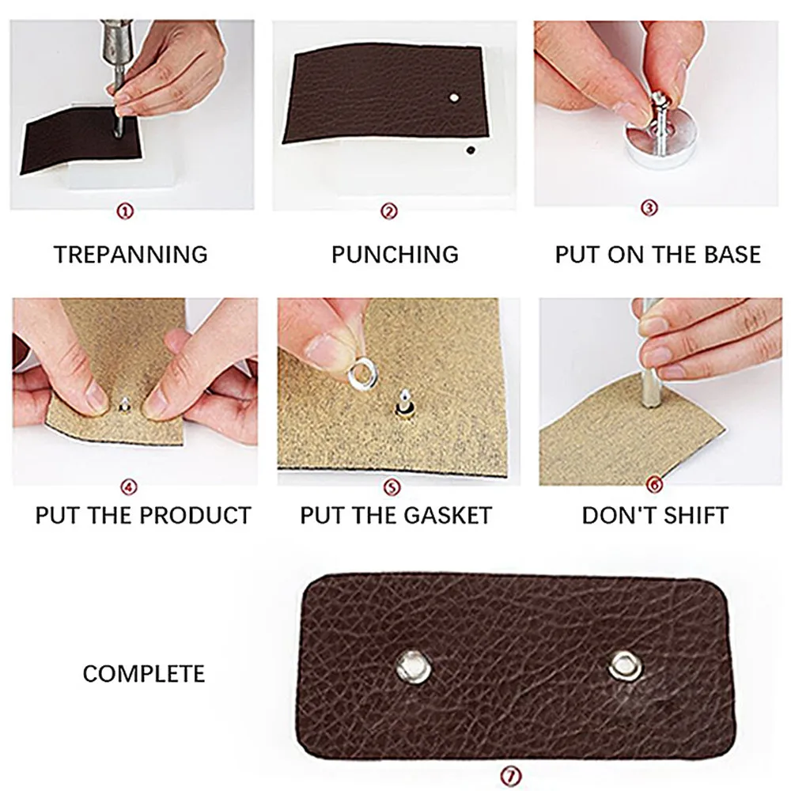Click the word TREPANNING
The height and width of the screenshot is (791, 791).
(131, 254)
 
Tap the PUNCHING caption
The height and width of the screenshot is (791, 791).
(395, 254)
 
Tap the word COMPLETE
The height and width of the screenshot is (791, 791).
(143, 673)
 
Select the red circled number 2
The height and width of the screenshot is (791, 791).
(389, 211)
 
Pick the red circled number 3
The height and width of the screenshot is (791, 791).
(649, 209)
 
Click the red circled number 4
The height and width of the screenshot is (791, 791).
(130, 486)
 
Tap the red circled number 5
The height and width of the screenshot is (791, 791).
(389, 486)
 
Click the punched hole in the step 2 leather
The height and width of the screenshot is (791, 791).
(453, 97)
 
